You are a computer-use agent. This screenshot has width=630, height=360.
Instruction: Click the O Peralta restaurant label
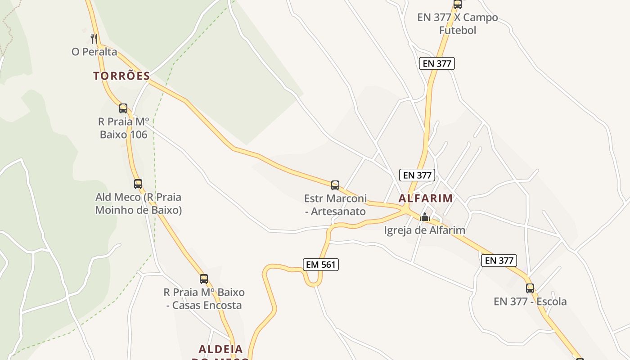point(94,52)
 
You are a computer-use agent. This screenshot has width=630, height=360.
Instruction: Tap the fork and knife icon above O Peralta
point(94,38)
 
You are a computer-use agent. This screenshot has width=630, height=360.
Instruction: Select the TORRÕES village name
point(121,76)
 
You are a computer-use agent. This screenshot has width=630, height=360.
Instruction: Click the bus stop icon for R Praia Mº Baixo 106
point(123,108)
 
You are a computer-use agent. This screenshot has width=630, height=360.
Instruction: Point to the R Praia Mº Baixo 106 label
point(123,128)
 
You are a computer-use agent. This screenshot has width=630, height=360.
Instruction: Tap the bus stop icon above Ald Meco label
point(138,184)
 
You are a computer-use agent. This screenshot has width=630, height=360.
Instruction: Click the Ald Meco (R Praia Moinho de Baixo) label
point(139,203)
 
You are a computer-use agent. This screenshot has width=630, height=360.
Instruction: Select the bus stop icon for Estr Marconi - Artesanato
point(335,185)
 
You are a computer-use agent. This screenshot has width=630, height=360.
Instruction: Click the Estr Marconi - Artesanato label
point(335,205)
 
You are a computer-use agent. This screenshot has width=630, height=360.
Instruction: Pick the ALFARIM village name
point(426,198)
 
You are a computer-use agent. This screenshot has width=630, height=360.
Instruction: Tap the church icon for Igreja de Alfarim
point(425,217)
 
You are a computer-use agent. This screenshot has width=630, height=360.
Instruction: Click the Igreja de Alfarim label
point(424,230)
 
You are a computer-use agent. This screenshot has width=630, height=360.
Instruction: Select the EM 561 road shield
point(321,265)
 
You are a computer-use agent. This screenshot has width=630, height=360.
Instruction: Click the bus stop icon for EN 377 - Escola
point(530,288)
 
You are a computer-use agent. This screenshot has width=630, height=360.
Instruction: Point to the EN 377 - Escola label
point(530,301)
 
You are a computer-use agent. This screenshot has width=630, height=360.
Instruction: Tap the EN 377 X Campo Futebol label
point(458,24)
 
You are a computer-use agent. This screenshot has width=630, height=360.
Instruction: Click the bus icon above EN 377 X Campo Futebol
point(458,4)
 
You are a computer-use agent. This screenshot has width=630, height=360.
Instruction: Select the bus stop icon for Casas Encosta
point(204,279)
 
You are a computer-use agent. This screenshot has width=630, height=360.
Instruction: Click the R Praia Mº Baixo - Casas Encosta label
point(204,299)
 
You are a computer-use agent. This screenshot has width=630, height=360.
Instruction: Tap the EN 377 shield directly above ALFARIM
point(417,175)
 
